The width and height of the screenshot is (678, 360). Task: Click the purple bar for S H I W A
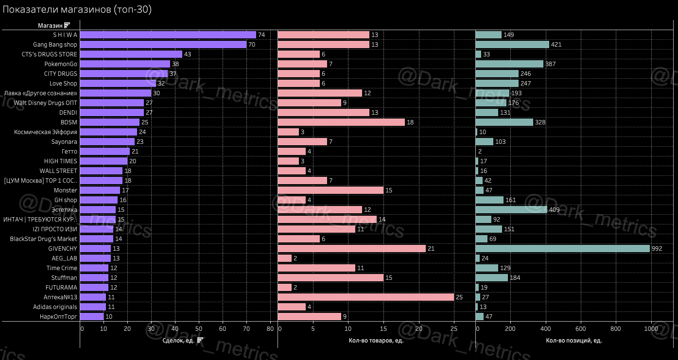coord(168,35)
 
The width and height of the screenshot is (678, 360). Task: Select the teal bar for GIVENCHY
coord(562,249)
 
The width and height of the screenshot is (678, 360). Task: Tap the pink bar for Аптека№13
coord(365,297)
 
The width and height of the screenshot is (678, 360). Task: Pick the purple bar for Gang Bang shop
coord(163,45)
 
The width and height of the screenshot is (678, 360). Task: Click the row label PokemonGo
coord(61,64)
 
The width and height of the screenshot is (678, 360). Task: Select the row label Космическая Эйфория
coord(45,132)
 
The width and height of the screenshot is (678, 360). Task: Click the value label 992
coord(657,249)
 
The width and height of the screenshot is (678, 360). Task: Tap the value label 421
coord(556,45)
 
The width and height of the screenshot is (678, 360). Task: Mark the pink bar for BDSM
coord(341,122)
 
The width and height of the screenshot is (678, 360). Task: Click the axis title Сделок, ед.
coord(178,340)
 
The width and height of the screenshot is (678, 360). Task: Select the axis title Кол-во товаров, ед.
coord(376,340)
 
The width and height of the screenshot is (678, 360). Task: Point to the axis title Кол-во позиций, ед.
coord(574,340)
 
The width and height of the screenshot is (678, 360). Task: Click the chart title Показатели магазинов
coord(77,9)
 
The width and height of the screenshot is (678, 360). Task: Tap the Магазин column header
coord(50,25)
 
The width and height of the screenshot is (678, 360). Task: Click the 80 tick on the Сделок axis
coord(270,329)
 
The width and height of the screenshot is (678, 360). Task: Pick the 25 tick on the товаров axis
coord(454,329)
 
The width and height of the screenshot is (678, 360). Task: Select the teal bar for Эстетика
coord(511,210)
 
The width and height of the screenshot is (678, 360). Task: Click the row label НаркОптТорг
coord(58,317)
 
